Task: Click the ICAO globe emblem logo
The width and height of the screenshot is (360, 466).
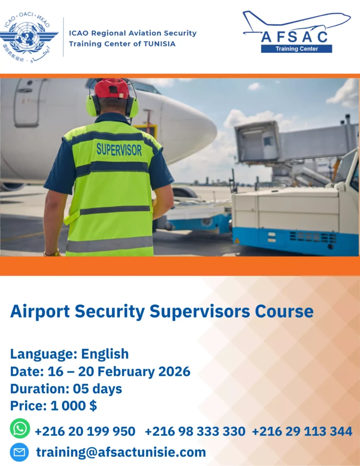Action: (x=29, y=37)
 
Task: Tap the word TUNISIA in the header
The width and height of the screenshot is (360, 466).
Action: (x=160, y=44)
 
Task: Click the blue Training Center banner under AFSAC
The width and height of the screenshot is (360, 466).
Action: (x=296, y=49)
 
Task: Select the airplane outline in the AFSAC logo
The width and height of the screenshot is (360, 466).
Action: (x=297, y=22)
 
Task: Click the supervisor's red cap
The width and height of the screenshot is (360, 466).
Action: (x=112, y=88)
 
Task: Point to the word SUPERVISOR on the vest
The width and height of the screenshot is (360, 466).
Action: (x=119, y=149)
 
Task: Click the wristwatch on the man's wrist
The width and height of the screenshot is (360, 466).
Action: (x=52, y=253)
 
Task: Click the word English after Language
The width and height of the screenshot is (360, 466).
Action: (x=105, y=354)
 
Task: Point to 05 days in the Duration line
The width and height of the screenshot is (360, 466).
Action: (x=97, y=389)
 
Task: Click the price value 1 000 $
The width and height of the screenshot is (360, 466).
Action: (x=74, y=405)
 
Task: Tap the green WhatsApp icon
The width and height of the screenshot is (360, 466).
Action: (x=20, y=429)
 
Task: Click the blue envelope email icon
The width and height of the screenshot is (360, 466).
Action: (x=19, y=452)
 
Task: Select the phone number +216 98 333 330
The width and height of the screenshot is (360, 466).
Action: (x=195, y=431)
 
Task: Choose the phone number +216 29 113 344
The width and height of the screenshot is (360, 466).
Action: (x=302, y=431)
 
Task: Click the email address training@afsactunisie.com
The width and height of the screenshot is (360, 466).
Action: (x=121, y=452)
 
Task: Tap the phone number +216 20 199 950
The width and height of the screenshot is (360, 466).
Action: (x=85, y=431)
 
